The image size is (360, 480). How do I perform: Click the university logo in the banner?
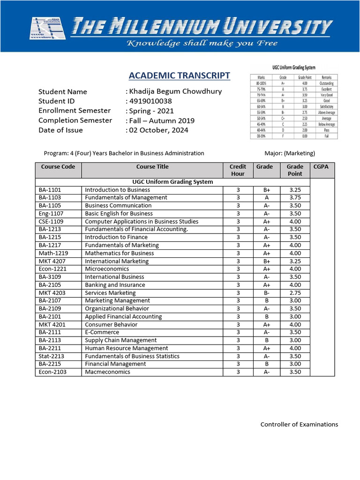pos(48,31)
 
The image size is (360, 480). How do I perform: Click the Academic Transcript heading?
pos(179,75)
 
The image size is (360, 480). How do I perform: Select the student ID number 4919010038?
pos(150,101)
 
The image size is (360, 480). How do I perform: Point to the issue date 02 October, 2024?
pos(158,130)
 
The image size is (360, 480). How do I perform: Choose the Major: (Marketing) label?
pos(290,153)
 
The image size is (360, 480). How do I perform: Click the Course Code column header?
pos(58,167)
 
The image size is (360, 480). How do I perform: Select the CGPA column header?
pos(321,167)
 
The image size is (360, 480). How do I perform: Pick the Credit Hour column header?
pos(238,170)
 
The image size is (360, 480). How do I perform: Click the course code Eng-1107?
pos(50,214)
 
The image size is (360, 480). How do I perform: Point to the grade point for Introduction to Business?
pos(295,190)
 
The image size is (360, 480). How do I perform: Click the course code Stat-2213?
pos(51,356)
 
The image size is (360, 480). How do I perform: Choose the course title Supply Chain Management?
pos(121,340)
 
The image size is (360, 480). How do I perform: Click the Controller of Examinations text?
pos(299,425)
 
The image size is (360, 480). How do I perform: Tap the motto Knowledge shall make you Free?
pos(203,44)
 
